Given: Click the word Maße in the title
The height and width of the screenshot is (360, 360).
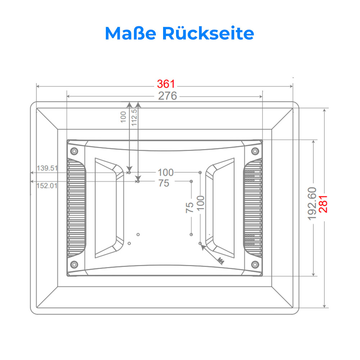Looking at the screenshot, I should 131,33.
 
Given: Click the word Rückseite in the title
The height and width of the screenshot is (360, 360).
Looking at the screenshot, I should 208,33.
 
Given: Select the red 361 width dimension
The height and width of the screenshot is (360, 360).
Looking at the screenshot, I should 166,84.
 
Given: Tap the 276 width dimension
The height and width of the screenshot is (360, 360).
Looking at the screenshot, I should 168,96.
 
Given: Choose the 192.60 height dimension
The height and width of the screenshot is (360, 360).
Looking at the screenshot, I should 312,203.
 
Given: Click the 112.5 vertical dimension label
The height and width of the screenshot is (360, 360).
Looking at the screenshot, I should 134,117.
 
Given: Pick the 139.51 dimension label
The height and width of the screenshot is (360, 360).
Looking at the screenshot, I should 47,168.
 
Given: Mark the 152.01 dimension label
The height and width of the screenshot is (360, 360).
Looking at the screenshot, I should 47,186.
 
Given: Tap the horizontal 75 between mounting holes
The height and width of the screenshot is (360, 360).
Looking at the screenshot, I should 164,183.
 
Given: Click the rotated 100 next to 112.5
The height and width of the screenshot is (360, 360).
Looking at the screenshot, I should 123,117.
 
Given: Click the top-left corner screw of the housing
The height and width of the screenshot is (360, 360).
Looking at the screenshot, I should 74,150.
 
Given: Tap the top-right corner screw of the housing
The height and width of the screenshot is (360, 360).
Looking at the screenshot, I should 255,150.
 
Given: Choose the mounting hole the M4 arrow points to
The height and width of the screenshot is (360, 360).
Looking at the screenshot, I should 200,244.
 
